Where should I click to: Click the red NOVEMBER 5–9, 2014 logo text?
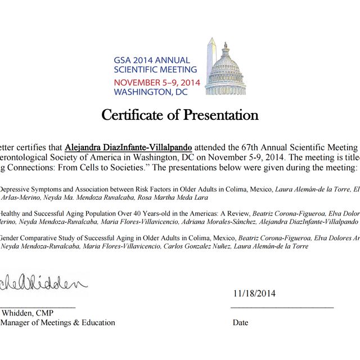(x=156, y=82)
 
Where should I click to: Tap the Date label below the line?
(x=240, y=323)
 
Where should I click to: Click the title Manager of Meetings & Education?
(x=58, y=323)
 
